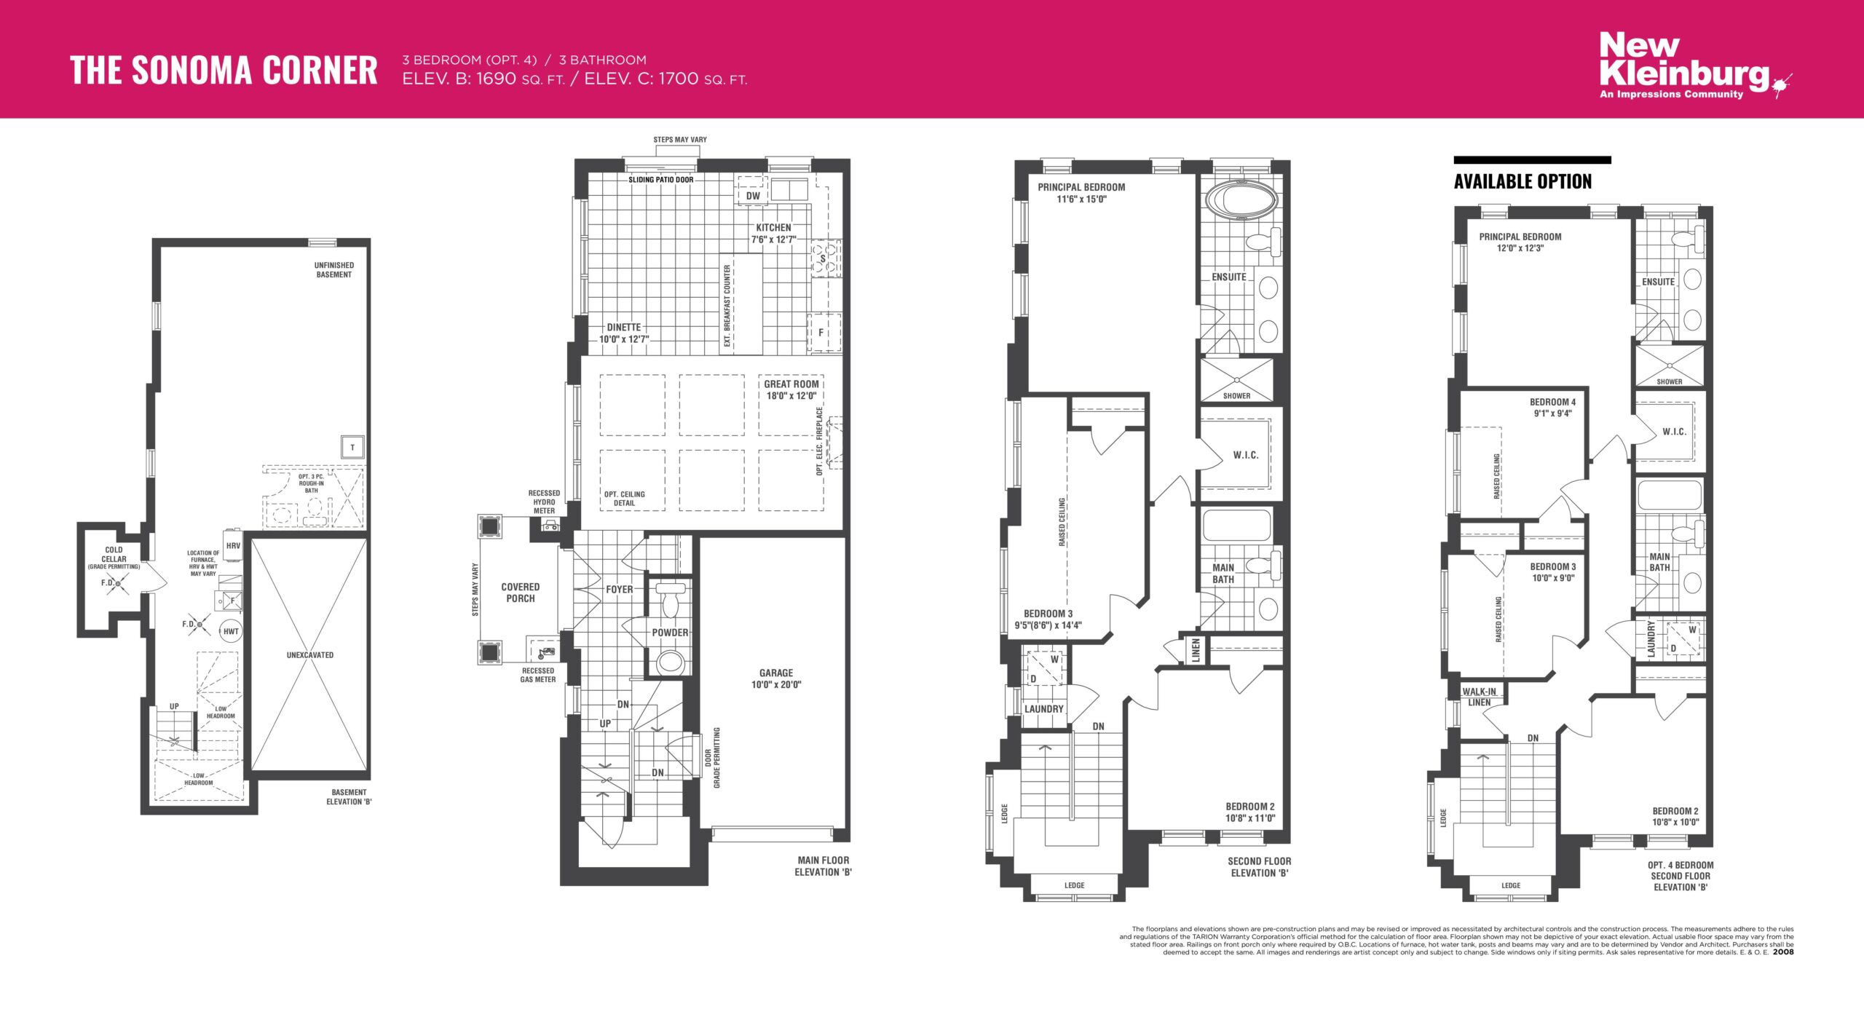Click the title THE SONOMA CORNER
(x=224, y=71)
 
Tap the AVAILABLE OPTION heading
(x=1523, y=181)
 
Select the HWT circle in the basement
(x=231, y=631)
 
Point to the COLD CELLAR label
(x=114, y=555)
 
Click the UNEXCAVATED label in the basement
(x=310, y=655)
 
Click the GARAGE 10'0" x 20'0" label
(x=776, y=678)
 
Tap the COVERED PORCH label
(x=521, y=593)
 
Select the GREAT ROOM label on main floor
(x=791, y=384)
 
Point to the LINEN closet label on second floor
(x=1196, y=651)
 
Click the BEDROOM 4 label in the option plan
(x=1552, y=402)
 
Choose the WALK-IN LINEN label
(x=1480, y=697)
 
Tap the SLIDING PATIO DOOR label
(x=661, y=180)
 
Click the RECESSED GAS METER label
(x=538, y=675)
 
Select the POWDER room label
(x=670, y=633)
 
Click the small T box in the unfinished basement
(x=352, y=447)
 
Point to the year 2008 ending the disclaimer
(x=1783, y=952)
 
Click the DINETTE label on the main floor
(x=624, y=328)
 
